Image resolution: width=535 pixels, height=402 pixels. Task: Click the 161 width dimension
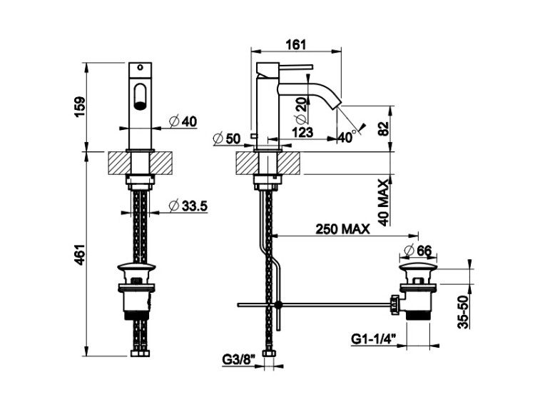(295, 45)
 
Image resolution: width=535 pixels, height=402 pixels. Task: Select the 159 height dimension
(80, 107)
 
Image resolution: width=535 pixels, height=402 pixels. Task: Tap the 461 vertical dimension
(80, 255)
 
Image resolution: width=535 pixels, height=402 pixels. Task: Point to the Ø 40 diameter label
(183, 121)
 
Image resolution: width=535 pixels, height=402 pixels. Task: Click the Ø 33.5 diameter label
(188, 206)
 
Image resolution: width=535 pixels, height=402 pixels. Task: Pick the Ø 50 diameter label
(227, 139)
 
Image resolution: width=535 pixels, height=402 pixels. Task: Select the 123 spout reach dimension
(303, 132)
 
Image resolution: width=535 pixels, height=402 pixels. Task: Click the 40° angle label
(346, 137)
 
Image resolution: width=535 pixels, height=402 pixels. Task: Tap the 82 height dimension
(384, 129)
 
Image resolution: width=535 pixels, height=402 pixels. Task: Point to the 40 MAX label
(384, 203)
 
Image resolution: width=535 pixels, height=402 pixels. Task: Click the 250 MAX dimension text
(342, 229)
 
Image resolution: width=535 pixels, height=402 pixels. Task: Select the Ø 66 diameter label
(417, 251)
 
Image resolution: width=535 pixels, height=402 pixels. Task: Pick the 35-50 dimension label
(463, 312)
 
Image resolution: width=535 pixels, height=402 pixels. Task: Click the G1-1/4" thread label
(373, 339)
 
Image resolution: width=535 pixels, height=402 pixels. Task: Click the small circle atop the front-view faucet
(140, 67)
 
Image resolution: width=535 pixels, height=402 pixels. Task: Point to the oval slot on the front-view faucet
(140, 96)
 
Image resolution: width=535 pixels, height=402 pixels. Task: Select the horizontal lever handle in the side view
(296, 67)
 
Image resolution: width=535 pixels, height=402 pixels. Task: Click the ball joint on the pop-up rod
(279, 304)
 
